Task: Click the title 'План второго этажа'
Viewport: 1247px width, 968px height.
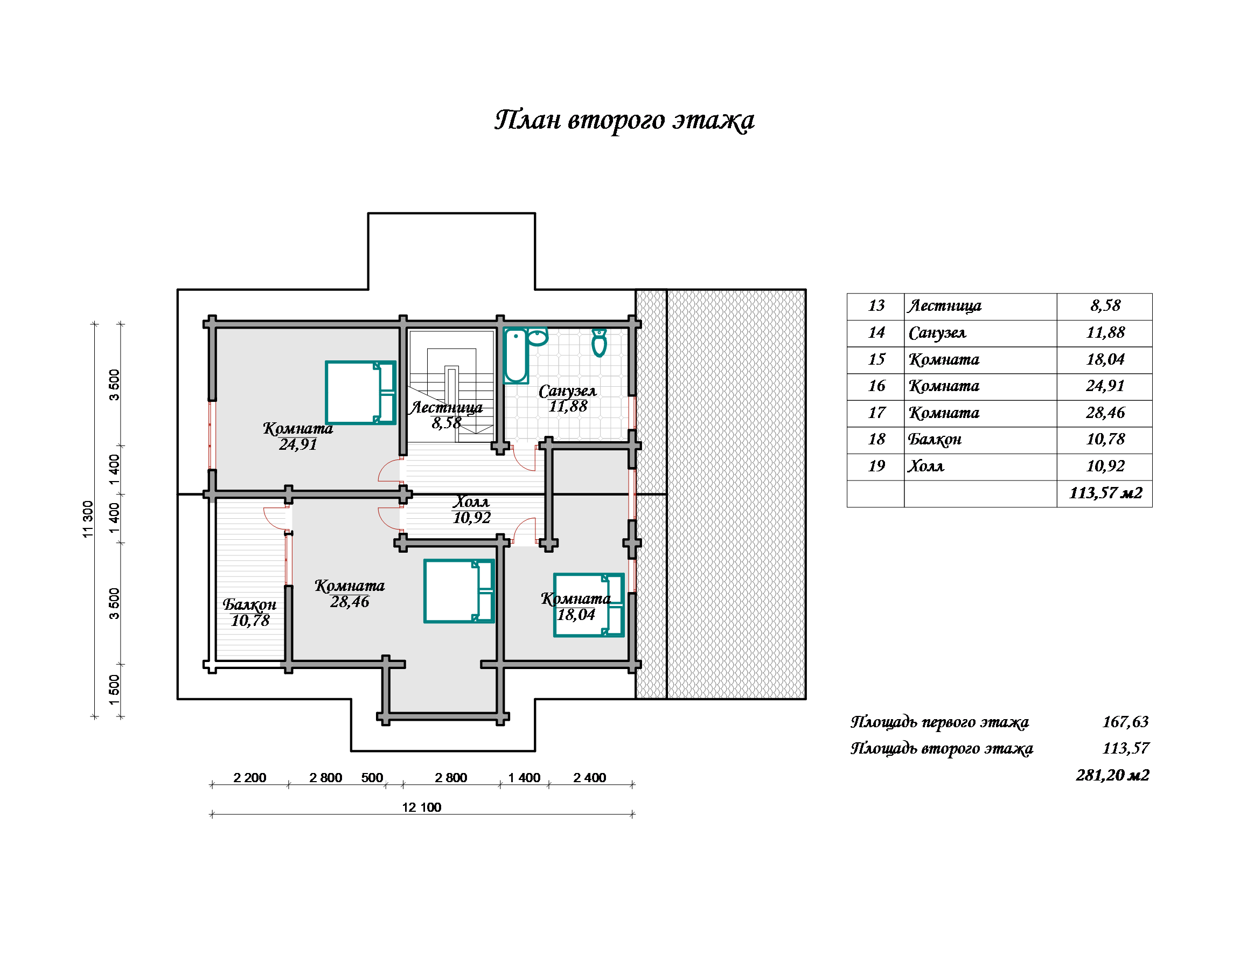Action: click(624, 121)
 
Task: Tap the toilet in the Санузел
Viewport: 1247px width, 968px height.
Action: click(599, 343)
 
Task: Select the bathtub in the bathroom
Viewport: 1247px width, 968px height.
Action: click(515, 354)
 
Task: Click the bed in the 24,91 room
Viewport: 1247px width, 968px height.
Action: click(360, 392)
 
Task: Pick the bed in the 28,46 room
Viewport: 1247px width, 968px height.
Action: click(459, 591)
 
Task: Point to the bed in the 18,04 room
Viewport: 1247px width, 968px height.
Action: click(589, 605)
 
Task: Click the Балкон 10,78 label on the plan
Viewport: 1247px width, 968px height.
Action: click(250, 612)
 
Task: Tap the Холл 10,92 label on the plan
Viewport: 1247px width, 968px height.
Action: click(472, 510)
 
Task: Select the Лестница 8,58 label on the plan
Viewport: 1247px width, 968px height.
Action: click(447, 415)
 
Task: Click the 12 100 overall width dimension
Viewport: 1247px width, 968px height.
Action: click(421, 807)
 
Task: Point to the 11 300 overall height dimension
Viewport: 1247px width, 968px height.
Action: click(88, 519)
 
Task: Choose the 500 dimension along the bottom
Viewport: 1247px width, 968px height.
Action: click(372, 777)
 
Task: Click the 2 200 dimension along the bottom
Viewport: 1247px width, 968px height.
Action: click(249, 777)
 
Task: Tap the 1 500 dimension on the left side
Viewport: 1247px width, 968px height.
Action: click(114, 690)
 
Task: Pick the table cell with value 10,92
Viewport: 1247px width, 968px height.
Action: click(1105, 466)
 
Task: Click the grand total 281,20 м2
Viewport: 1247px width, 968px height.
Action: click(1113, 775)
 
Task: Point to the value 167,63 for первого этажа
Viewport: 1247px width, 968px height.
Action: click(1125, 722)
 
